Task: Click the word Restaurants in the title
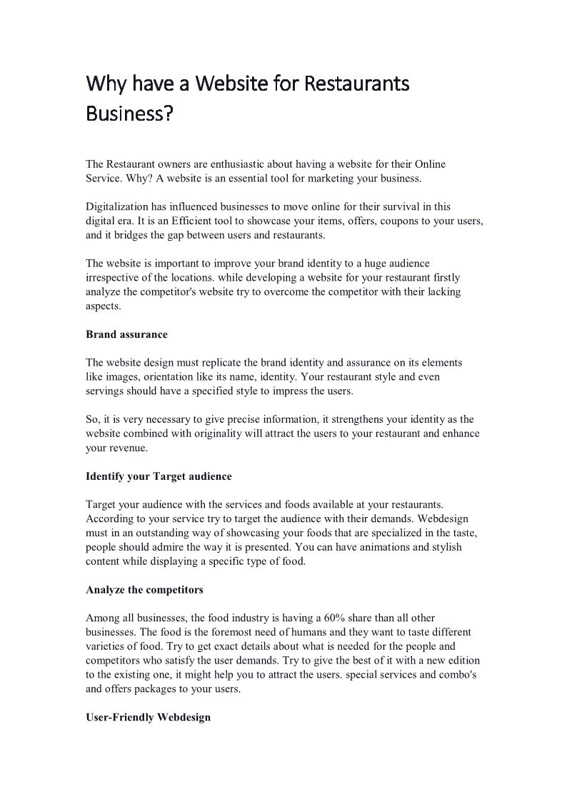[356, 84]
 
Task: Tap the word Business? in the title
[130, 114]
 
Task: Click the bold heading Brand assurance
[126, 334]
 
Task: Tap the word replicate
[246, 363]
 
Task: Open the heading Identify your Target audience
[159, 476]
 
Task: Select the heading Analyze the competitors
[144, 590]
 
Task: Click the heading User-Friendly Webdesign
[148, 717]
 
